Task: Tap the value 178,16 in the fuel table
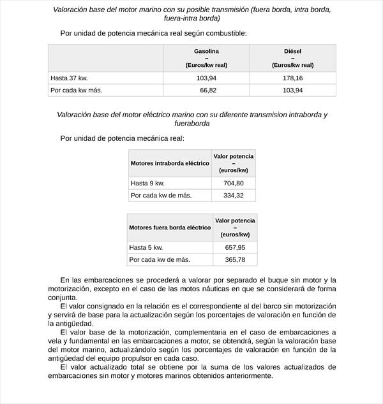pyautogui.click(x=292, y=78)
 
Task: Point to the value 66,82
pyautogui.click(x=209, y=90)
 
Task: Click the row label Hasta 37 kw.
pyautogui.click(x=69, y=78)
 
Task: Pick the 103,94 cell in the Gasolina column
pyautogui.click(x=207, y=78)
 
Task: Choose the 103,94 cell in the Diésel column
pyautogui.click(x=292, y=90)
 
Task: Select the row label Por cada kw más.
pyautogui.click(x=76, y=90)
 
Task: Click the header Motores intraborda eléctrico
pyautogui.click(x=170, y=163)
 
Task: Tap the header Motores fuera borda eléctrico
pyautogui.click(x=170, y=227)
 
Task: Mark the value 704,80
pyautogui.click(x=234, y=183)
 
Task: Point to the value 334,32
pyautogui.click(x=234, y=195)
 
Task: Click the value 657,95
pyautogui.click(x=235, y=247)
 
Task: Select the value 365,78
pyautogui.click(x=235, y=259)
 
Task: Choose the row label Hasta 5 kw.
pyautogui.click(x=146, y=247)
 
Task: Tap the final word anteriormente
pyautogui.click(x=243, y=375)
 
